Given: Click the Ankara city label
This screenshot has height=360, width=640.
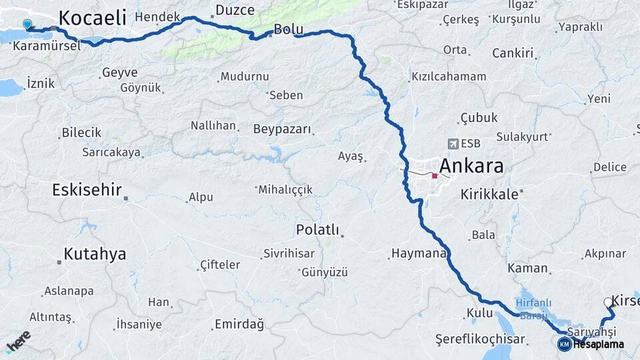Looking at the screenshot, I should [x=471, y=166].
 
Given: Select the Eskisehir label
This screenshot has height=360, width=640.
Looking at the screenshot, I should [x=87, y=190].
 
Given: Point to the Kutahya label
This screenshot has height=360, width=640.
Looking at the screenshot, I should [x=95, y=253].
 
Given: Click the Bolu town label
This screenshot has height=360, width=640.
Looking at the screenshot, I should [x=289, y=29].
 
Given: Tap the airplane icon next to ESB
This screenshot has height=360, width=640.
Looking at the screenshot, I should [x=453, y=143].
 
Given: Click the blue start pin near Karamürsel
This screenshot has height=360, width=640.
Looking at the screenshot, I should [x=27, y=25].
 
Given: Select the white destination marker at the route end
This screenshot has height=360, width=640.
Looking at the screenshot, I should [x=609, y=303].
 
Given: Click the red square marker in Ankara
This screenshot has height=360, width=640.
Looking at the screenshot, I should [x=435, y=176].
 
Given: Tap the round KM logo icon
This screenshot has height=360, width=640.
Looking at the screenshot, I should [x=565, y=344].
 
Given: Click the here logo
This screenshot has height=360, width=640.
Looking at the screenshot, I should [x=18, y=340].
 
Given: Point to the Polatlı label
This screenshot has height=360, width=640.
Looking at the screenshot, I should [x=317, y=231].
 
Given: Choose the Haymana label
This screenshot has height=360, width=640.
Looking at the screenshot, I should [x=418, y=253].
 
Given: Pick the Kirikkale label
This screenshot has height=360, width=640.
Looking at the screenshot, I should [x=489, y=194].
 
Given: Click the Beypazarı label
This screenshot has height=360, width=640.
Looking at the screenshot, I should [x=282, y=129].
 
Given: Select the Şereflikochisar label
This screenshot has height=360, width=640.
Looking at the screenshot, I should [x=480, y=339].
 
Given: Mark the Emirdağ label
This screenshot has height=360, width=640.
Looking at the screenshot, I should [x=239, y=325].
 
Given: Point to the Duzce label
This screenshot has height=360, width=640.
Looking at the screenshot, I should [x=235, y=10].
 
